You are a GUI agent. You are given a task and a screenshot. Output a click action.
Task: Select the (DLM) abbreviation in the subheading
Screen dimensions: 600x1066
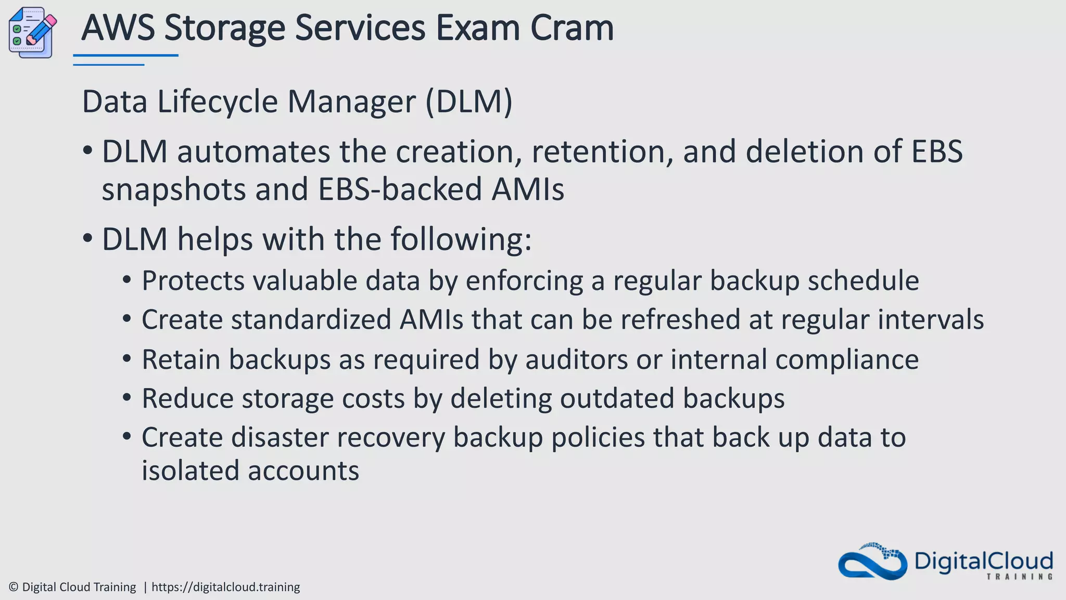[x=469, y=101]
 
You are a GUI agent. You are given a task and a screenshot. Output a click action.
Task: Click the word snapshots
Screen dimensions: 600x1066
[x=173, y=189]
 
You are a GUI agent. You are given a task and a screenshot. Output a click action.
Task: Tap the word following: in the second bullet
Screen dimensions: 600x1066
[x=461, y=240]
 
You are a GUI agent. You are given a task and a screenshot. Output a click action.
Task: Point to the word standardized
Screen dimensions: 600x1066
[x=311, y=319]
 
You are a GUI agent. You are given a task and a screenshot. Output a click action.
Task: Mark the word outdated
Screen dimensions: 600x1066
[x=617, y=398]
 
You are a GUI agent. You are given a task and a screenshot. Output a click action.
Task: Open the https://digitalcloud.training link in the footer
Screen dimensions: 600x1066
[x=225, y=587]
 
